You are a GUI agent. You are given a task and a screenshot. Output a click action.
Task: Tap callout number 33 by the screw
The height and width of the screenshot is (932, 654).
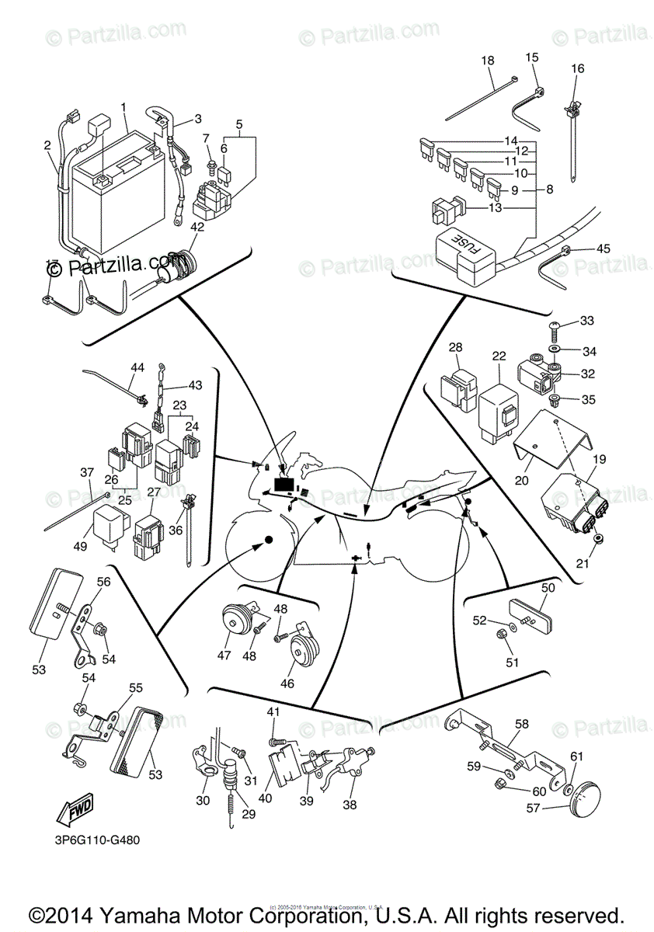(x=586, y=320)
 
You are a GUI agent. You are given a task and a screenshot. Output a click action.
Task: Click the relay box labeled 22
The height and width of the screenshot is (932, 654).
(x=497, y=409)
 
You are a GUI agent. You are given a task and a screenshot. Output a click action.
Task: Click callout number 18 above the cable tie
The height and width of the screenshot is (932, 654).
(x=487, y=61)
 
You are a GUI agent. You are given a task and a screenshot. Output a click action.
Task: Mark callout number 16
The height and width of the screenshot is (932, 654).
(x=578, y=68)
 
